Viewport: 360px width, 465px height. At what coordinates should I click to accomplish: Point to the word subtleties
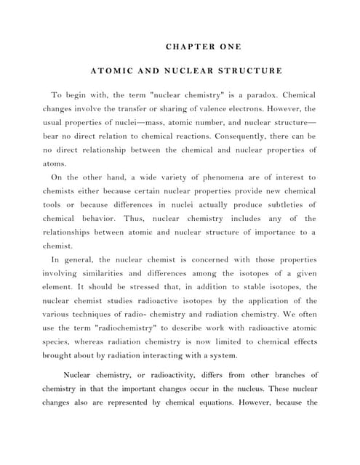[279, 205]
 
